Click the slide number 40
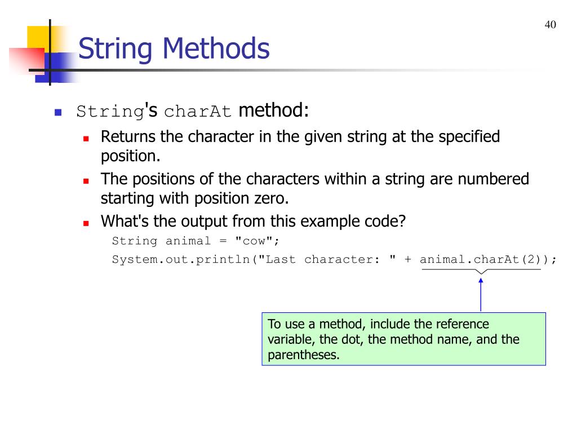click(x=551, y=25)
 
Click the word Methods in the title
click(x=216, y=49)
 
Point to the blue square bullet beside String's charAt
click(x=57, y=112)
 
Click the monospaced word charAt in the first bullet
click(x=198, y=112)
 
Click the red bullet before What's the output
click(x=86, y=223)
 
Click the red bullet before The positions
click(x=86, y=181)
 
